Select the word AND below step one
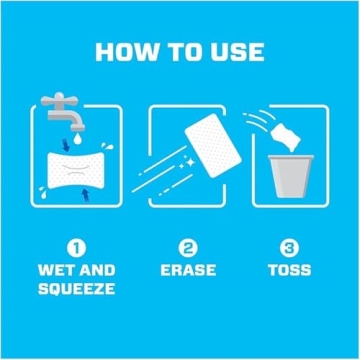point(97,270)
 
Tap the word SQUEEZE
point(74,290)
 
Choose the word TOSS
point(288,270)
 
